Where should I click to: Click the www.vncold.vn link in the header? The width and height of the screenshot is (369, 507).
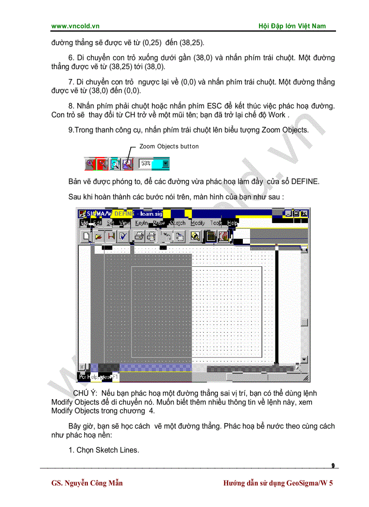[x=75, y=26]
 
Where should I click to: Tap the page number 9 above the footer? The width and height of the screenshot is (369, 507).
[x=333, y=465]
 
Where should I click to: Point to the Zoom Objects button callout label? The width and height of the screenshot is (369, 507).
[x=169, y=146]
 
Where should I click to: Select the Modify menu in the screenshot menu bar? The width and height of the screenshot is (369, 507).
[x=198, y=223]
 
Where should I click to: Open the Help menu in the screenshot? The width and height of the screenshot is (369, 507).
[x=232, y=223]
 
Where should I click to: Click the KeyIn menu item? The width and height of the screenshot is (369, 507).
[x=141, y=223]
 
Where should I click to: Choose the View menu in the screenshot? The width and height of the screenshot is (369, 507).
[x=124, y=223]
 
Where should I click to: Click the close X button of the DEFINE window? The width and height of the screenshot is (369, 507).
[x=304, y=213]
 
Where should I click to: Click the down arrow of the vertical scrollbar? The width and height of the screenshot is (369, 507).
[x=304, y=359]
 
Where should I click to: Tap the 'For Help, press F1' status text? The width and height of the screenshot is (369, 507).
[x=99, y=377]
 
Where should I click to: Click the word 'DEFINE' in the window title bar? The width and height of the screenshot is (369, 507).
[x=123, y=213]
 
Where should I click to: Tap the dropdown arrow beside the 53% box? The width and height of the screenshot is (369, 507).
[x=166, y=164]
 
